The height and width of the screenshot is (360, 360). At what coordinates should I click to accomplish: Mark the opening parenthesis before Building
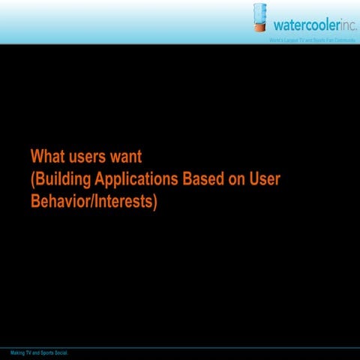[32, 180]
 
